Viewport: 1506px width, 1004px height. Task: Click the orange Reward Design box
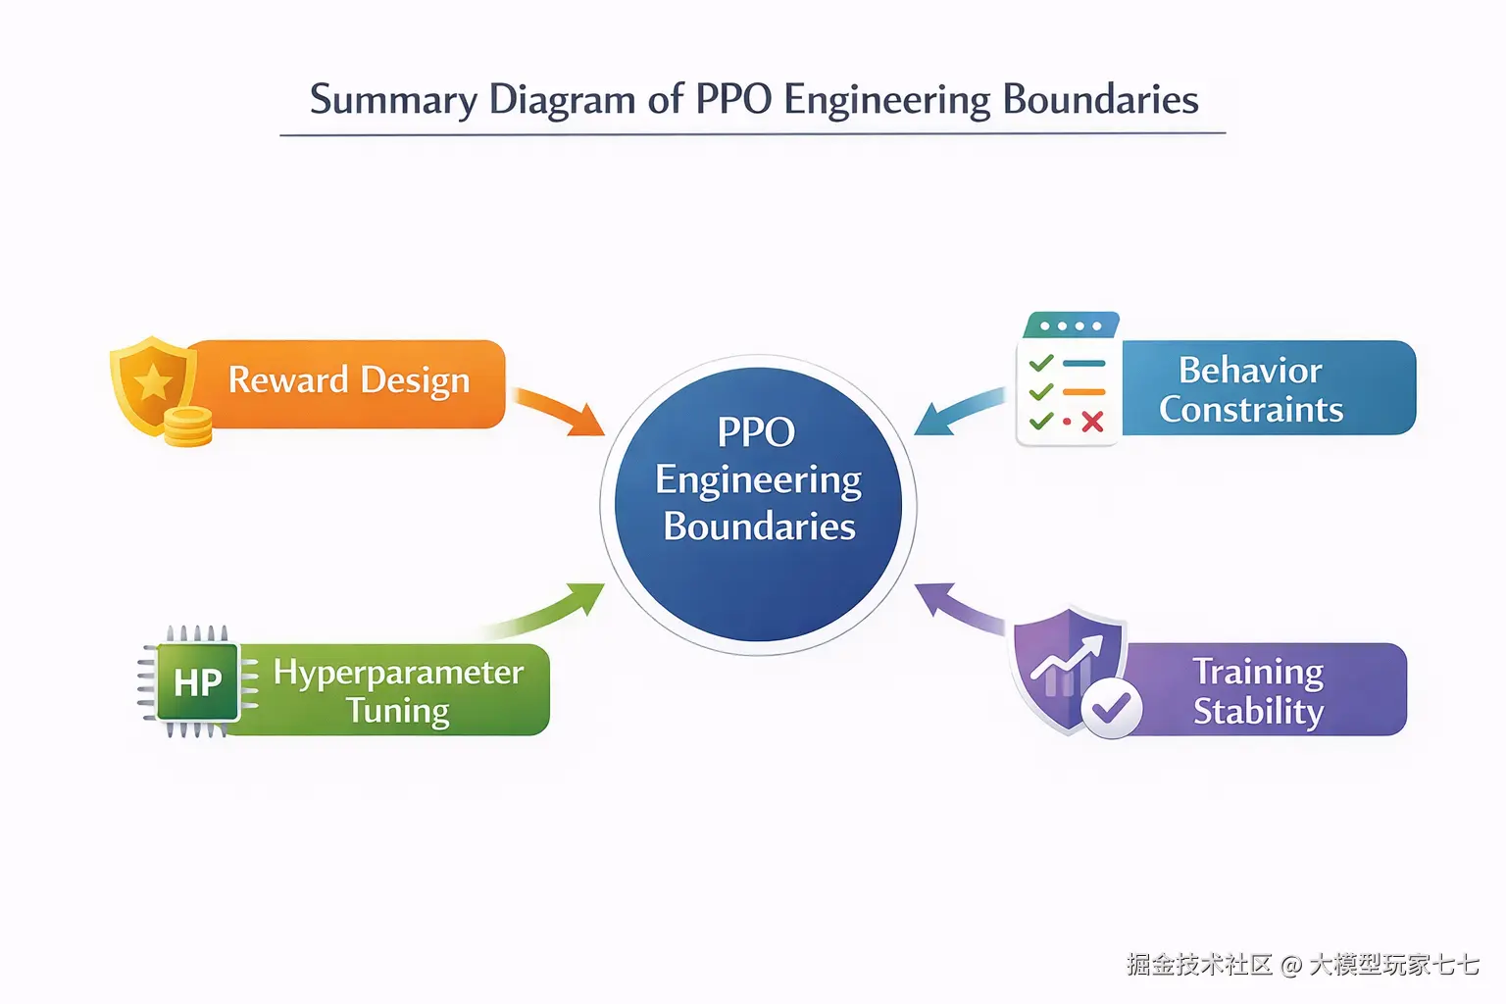349,381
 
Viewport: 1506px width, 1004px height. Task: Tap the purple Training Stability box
1265,690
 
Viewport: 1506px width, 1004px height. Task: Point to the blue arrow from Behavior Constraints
956,411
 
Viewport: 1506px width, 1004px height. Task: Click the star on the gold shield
153,382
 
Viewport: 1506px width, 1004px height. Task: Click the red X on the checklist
1091,422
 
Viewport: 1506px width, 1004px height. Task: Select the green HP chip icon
197,682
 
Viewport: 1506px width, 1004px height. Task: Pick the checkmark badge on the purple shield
1111,707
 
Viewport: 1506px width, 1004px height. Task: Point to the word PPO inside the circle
756,432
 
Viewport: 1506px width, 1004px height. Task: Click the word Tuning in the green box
397,711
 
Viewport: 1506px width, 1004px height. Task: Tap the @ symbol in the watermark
1291,966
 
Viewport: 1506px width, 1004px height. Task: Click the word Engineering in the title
886,100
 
